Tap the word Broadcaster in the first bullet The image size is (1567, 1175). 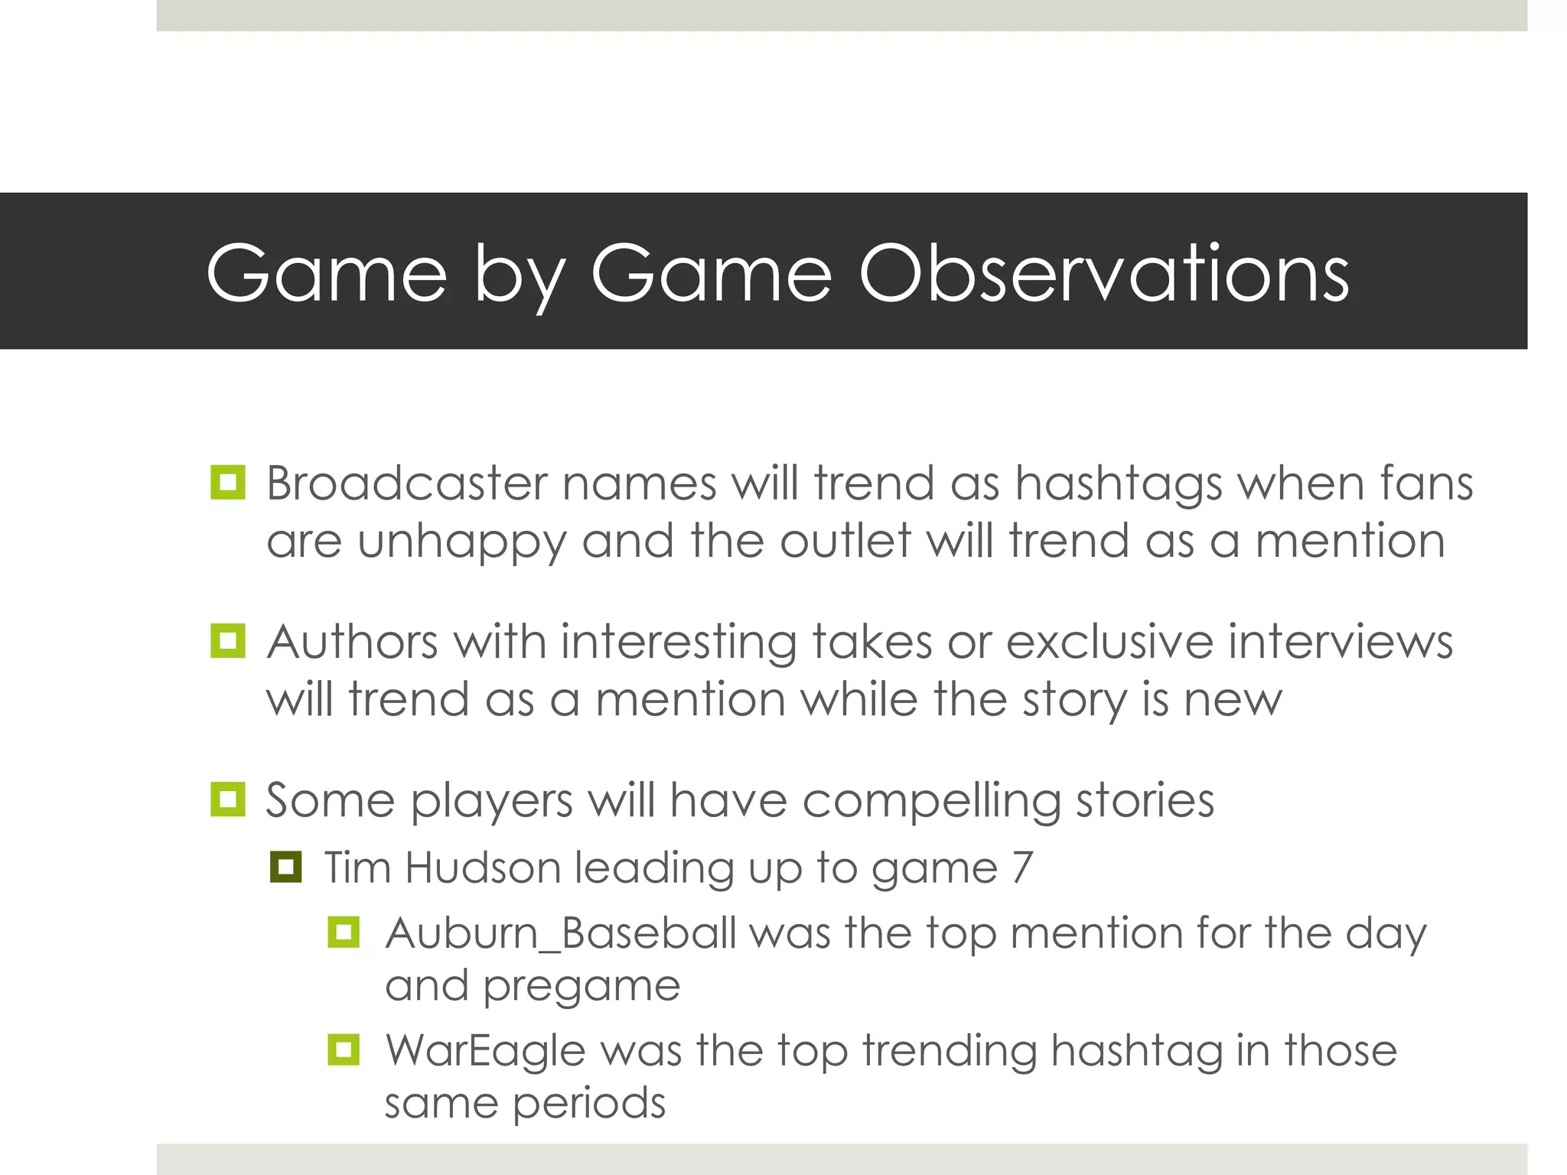[x=407, y=483]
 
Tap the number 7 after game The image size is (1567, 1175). [x=1022, y=867]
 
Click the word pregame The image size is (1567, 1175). [x=582, y=987]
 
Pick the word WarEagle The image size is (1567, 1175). [x=485, y=1050]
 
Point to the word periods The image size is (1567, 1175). [x=589, y=1104]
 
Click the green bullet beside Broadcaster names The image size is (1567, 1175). [x=227, y=483]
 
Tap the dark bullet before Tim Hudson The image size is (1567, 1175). [x=285, y=867]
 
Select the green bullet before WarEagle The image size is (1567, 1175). [x=344, y=1050]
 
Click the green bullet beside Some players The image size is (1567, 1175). [x=227, y=799]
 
